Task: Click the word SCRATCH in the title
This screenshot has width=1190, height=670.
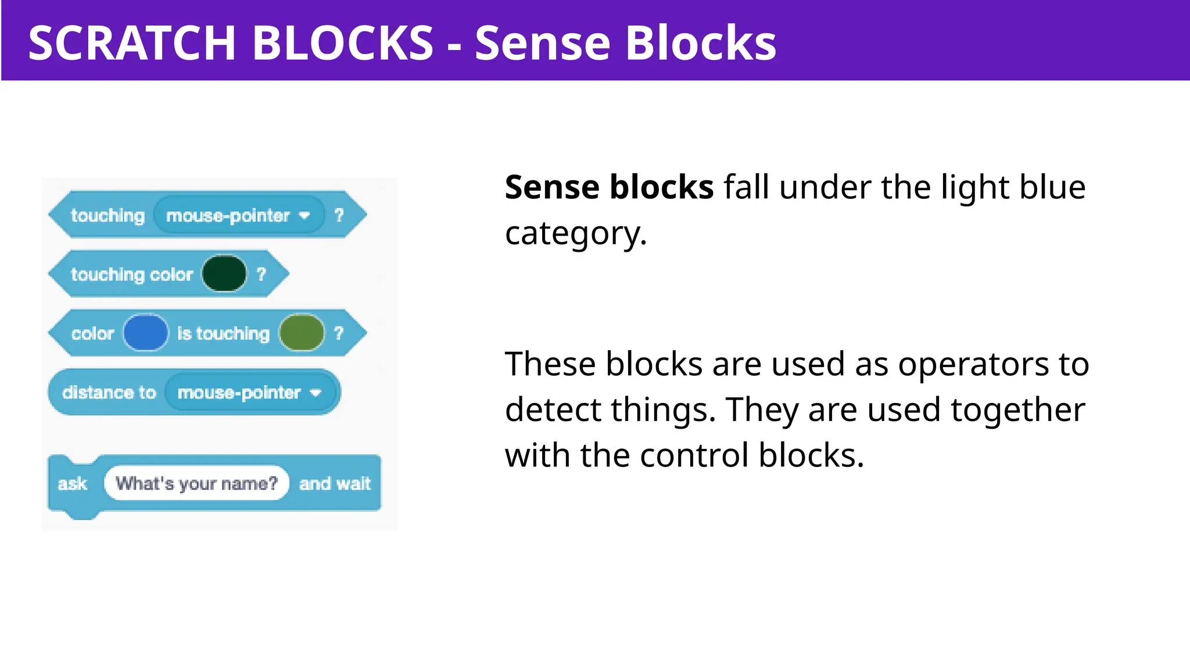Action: pos(132,43)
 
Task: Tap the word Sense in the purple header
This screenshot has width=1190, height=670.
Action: pos(544,43)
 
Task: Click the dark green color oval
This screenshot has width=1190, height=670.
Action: pos(224,273)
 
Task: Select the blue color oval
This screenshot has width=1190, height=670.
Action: pos(145,333)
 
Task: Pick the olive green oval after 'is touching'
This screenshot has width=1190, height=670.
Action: pos(302,333)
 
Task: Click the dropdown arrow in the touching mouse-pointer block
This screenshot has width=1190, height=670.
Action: pos(304,216)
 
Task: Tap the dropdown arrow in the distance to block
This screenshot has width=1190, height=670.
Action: pos(316,393)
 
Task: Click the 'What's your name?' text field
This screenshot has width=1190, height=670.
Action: pos(196,483)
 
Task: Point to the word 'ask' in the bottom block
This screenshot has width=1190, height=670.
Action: pos(73,484)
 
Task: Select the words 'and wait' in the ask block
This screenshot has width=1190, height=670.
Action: pos(335,484)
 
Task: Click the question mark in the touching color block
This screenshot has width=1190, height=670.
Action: pos(261,274)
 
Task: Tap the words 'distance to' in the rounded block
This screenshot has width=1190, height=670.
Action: pos(109,393)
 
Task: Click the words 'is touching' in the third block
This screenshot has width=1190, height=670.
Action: pos(223,333)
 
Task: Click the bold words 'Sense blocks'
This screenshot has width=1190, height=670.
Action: pos(609,187)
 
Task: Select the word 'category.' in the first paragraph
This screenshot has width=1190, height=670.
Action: pos(575,234)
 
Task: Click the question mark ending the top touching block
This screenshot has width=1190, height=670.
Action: pos(339,215)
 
